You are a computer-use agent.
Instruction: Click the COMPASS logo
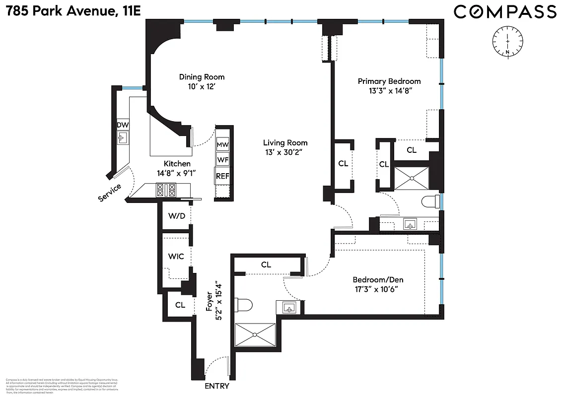coord(505,12)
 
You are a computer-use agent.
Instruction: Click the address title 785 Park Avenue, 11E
coord(71,10)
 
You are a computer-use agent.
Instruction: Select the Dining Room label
coord(202,77)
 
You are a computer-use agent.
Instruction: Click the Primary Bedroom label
coord(389,81)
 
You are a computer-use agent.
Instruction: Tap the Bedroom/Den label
coord(375,279)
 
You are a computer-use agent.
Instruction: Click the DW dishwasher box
coord(123,125)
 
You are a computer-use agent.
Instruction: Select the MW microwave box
coord(223,145)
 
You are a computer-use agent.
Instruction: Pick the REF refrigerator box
coord(223,176)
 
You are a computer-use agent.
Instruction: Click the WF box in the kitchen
coord(223,160)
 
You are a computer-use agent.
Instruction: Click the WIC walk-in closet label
coord(176,257)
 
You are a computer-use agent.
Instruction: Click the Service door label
coord(110,193)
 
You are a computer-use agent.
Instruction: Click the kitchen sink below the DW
coord(122,137)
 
